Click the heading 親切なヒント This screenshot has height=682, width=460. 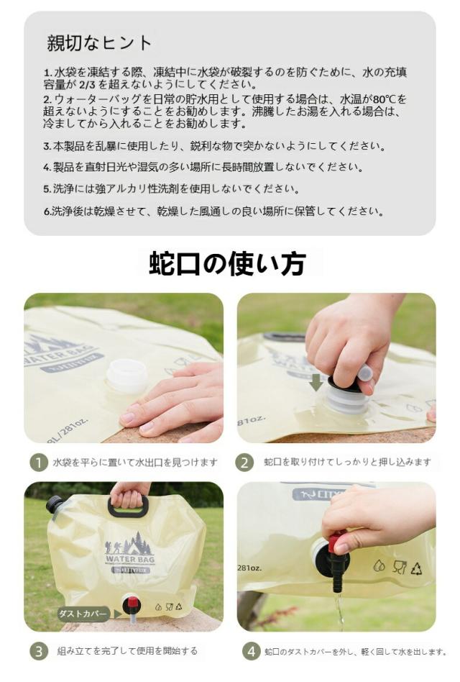(99, 43)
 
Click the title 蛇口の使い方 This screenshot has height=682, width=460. (228, 263)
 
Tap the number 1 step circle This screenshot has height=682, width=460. (39, 463)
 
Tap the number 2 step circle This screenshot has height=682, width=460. (244, 463)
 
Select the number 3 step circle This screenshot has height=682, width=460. (39, 651)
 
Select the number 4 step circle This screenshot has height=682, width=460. (252, 651)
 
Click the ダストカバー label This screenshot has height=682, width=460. (83, 614)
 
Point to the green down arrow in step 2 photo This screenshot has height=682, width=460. (317, 382)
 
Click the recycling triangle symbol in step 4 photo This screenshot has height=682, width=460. (417, 568)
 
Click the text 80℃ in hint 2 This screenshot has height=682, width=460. (385, 99)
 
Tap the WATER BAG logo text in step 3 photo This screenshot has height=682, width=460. (130, 560)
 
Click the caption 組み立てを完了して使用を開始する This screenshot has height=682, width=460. (127, 651)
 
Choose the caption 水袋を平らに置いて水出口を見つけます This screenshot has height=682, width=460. (135, 463)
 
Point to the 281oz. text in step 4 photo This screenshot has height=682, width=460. (249, 568)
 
